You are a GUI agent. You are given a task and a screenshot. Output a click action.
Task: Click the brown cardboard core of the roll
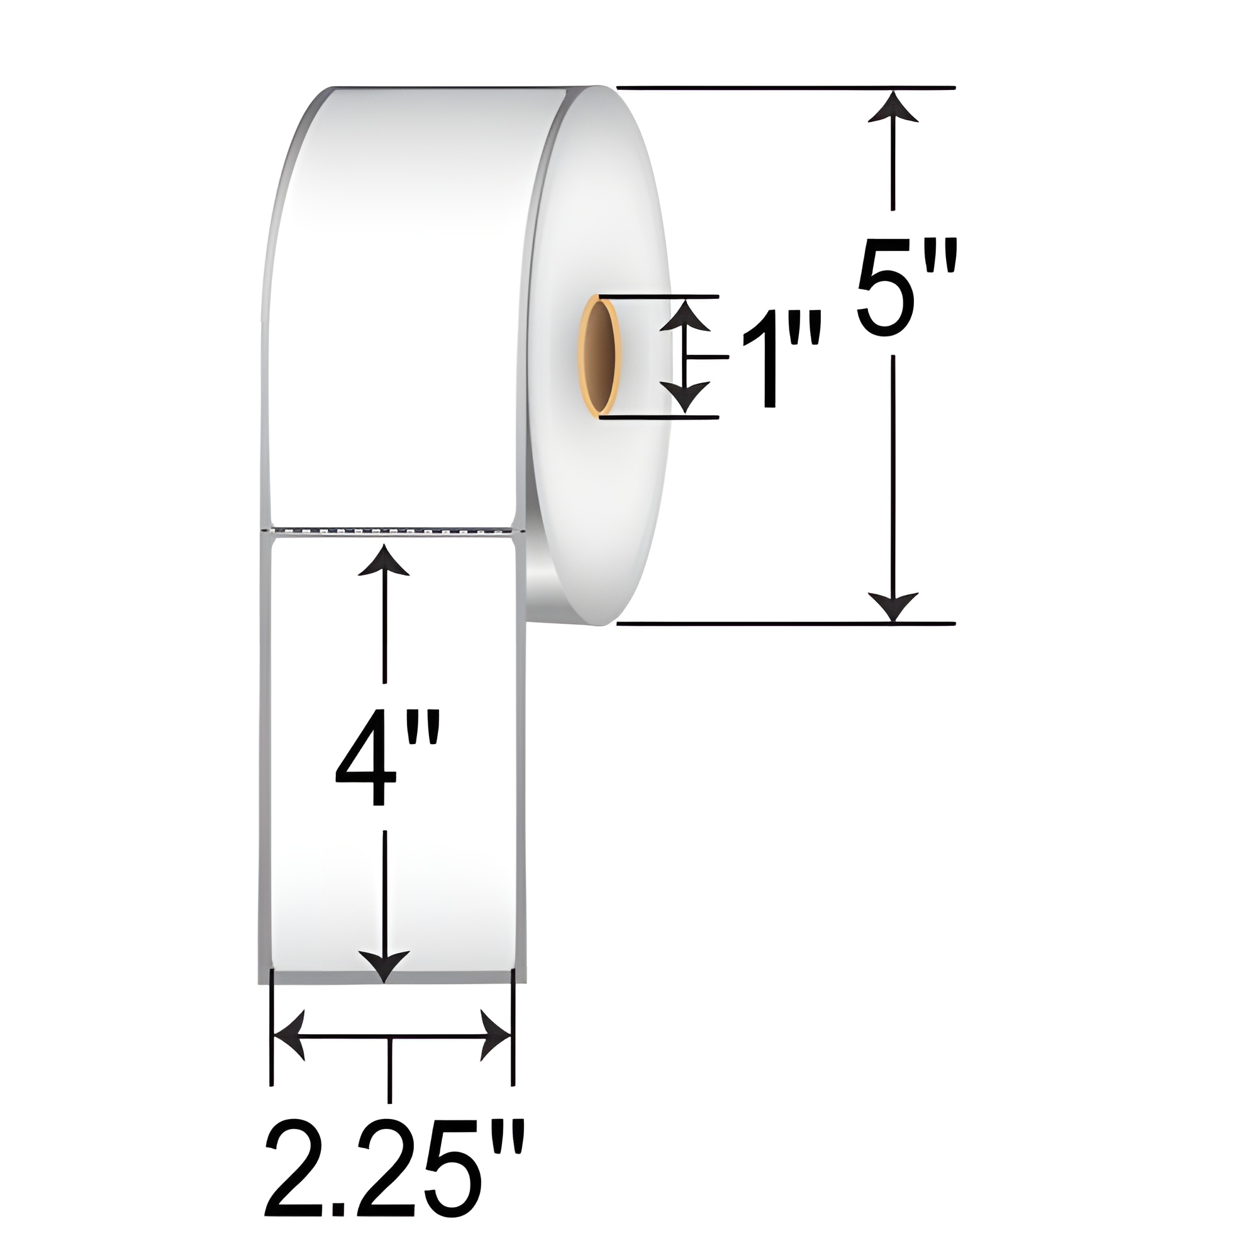click(x=602, y=355)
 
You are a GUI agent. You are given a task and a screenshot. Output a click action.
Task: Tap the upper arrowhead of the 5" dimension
click(x=893, y=107)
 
